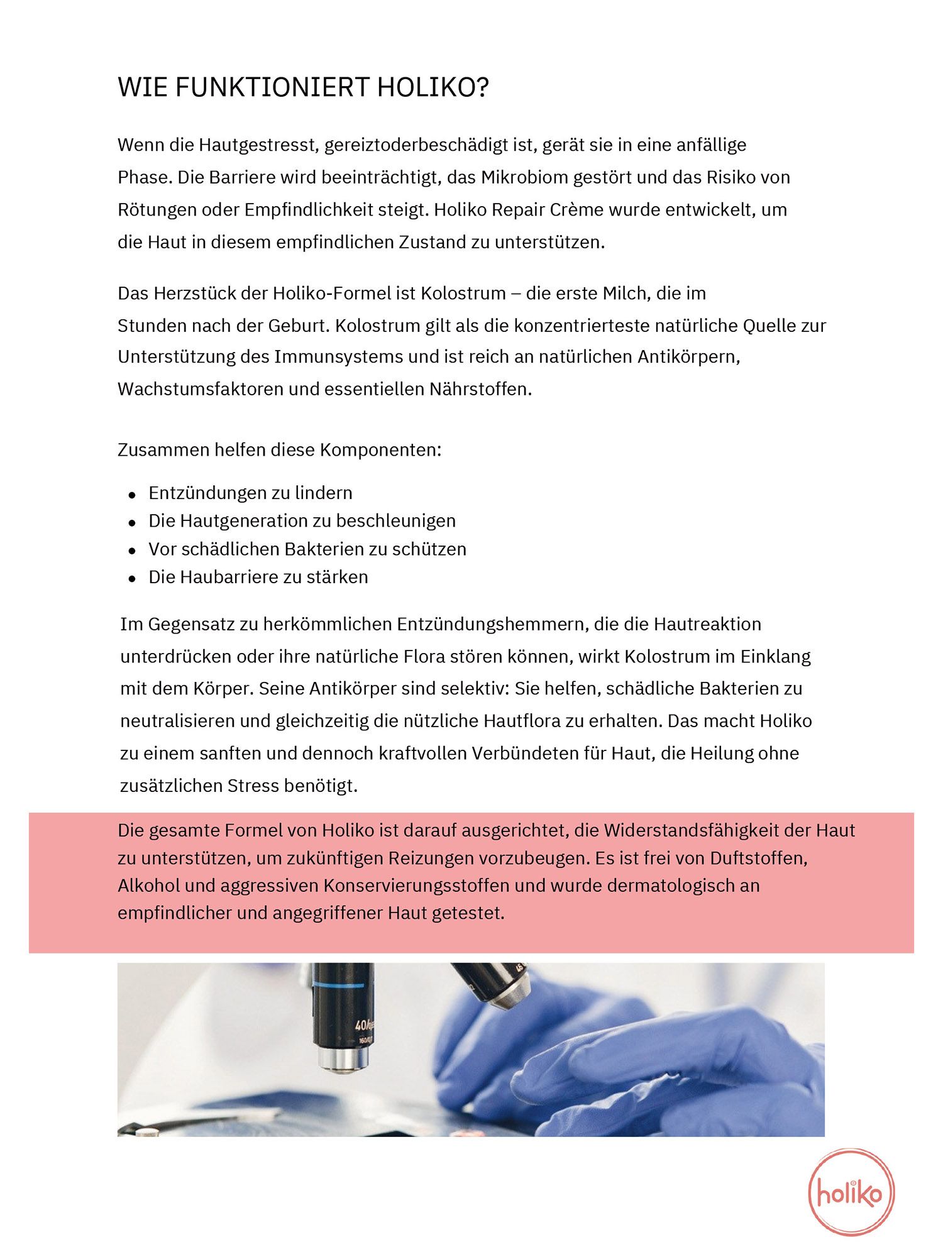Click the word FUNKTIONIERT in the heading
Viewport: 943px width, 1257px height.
click(272, 88)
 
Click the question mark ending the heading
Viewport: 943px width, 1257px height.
click(482, 88)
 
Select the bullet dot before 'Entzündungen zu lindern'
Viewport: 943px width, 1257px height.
click(132, 495)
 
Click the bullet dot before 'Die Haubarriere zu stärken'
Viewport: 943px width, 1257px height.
click(132, 579)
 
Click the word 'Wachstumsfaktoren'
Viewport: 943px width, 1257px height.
click(200, 389)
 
